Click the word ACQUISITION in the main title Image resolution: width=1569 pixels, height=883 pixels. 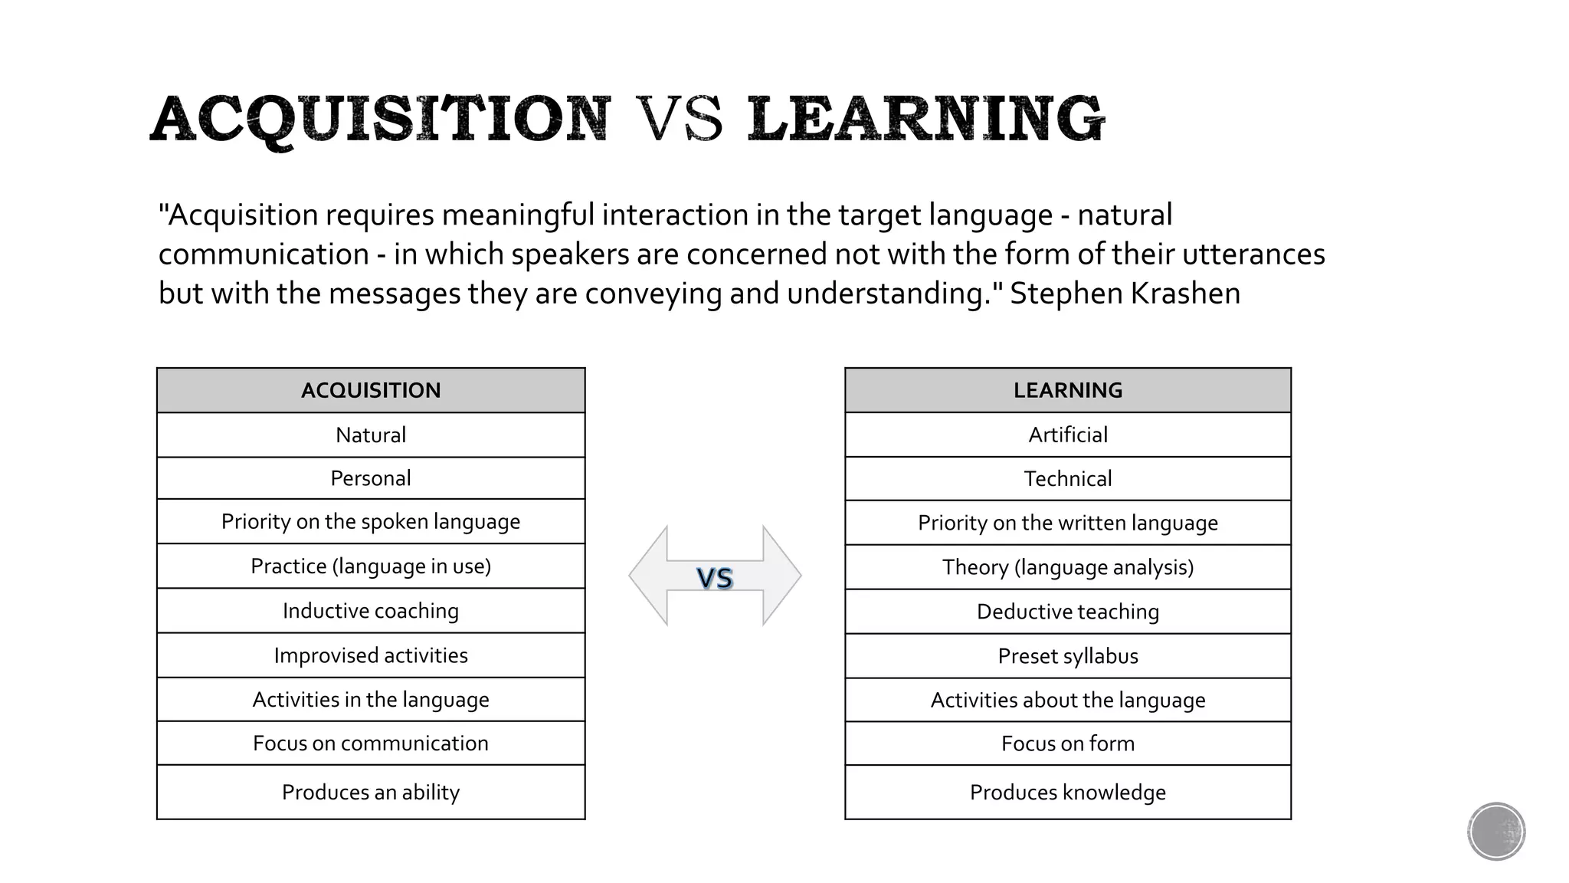[x=381, y=120]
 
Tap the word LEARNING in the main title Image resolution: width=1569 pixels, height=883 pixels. [x=925, y=120]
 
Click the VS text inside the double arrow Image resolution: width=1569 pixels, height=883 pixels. [x=715, y=578]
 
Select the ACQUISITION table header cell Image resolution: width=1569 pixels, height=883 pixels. [x=371, y=390]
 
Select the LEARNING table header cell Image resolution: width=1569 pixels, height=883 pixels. [x=1067, y=390]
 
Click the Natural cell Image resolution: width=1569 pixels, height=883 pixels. [x=371, y=435]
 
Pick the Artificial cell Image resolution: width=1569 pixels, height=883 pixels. [x=1067, y=435]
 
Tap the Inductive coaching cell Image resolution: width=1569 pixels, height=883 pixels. [x=371, y=611]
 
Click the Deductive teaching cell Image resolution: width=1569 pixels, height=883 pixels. [x=1067, y=612]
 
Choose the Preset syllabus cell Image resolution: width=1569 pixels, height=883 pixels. [x=1067, y=656]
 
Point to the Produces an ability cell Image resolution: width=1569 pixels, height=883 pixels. [x=371, y=792]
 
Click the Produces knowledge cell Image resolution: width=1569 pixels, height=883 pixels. [x=1067, y=792]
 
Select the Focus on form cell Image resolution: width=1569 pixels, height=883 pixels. [x=1067, y=743]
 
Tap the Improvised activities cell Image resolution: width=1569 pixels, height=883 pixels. [x=371, y=655]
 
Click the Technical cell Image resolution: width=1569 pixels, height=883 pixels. [x=1067, y=479]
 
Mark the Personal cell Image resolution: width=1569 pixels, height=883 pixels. [x=371, y=478]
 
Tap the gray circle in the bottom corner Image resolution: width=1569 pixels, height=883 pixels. [x=1495, y=831]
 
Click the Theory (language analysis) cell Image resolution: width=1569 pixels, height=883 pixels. [x=1067, y=567]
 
